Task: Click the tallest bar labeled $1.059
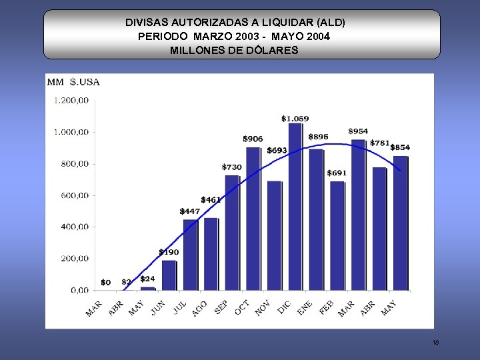click(295, 207)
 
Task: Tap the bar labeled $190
click(169, 275)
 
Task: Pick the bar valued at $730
click(232, 233)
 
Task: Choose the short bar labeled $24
click(148, 288)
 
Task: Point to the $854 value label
click(400, 147)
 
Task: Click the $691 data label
click(337, 173)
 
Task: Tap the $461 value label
click(211, 199)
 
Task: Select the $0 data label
click(105, 283)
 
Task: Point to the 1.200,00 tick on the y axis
click(71, 101)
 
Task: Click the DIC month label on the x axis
click(283, 307)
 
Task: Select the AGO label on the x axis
click(199, 308)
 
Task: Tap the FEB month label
click(325, 308)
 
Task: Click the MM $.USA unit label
click(73, 82)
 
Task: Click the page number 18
click(435, 343)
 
